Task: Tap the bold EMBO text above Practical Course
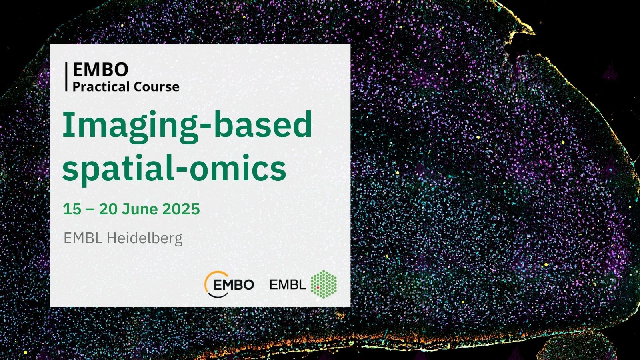point(100,70)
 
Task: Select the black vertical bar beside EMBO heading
point(66,77)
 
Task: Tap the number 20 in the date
point(108,209)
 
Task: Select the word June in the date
point(140,209)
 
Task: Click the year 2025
point(181,209)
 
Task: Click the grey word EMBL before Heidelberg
point(83,238)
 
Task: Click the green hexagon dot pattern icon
point(324,284)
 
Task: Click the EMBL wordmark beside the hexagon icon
point(288,284)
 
